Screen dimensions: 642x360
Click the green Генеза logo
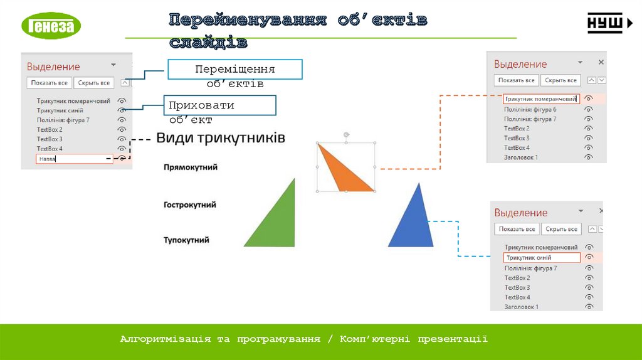(x=51, y=26)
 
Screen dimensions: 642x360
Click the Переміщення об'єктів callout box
(x=234, y=70)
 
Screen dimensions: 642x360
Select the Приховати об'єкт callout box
(x=220, y=105)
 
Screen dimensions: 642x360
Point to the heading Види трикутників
(x=221, y=138)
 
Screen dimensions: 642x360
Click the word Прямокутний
(x=191, y=167)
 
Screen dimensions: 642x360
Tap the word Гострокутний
(x=190, y=204)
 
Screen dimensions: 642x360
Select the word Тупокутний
(x=187, y=240)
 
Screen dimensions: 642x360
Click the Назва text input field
(x=74, y=159)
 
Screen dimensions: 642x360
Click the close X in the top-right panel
(x=601, y=63)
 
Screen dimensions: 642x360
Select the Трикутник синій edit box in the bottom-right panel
(x=541, y=258)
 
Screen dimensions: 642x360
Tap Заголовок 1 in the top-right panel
(x=521, y=157)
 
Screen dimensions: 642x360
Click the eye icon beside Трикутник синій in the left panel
(x=122, y=110)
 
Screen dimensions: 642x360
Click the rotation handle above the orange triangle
(x=346, y=135)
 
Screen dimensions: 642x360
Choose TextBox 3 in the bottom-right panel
(x=517, y=287)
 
